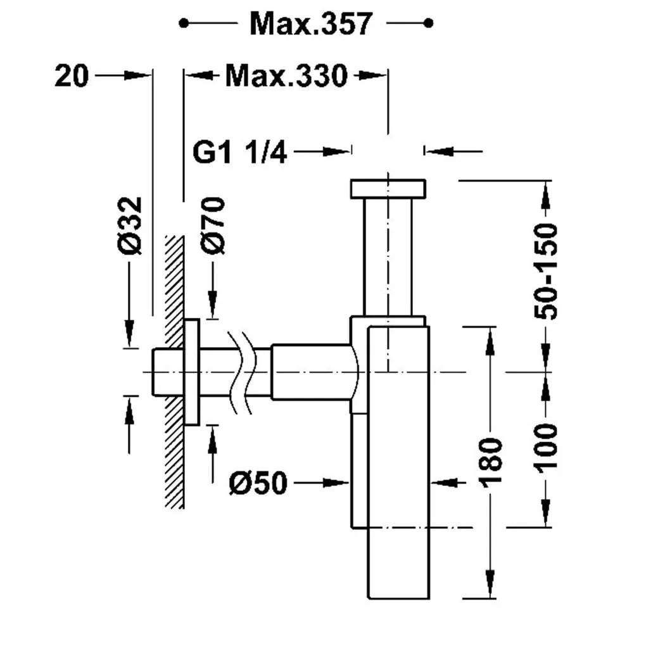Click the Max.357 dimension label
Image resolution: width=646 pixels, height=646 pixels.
point(311,24)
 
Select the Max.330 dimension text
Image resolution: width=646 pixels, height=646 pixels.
point(286,76)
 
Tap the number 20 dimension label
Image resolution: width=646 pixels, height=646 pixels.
point(72,76)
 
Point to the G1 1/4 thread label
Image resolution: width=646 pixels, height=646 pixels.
point(239,152)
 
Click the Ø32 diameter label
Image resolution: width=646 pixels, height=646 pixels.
point(130,225)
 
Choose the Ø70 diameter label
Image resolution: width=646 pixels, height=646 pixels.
point(213,225)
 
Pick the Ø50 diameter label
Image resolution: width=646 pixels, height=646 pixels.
point(258,483)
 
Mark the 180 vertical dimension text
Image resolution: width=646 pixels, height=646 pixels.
point(490,462)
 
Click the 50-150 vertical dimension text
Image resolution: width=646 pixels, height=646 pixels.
point(545,272)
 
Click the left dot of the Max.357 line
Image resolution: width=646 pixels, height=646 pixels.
point(184,23)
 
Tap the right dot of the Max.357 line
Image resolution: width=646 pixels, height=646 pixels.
point(429,23)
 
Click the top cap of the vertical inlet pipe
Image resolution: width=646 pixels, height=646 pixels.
point(388,189)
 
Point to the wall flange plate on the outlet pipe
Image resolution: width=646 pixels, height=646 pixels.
point(192,372)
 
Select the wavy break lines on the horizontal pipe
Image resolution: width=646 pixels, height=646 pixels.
point(241,372)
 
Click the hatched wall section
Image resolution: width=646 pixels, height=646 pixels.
point(175,372)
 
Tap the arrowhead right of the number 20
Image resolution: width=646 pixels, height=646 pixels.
point(138,76)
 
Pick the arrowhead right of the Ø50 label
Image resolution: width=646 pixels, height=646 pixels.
point(336,483)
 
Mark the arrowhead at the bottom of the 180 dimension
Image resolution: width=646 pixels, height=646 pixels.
point(490,584)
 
